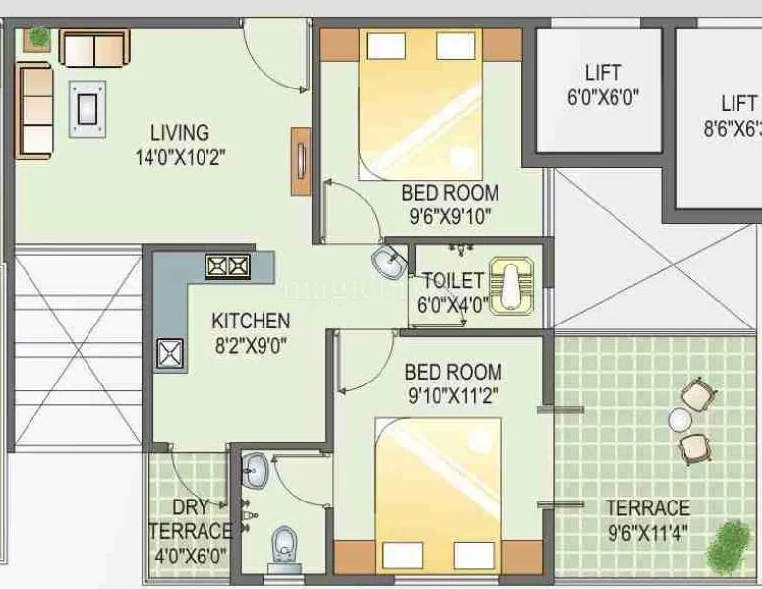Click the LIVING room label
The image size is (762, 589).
click(x=179, y=132)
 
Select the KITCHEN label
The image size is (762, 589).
click(x=251, y=321)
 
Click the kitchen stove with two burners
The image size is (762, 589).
click(x=227, y=265)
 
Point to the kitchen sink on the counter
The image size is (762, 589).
click(x=171, y=353)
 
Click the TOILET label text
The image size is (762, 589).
click(x=452, y=281)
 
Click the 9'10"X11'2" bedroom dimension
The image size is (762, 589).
click(x=453, y=395)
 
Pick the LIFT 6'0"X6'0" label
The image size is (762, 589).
click(x=602, y=74)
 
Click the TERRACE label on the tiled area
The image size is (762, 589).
click(x=647, y=508)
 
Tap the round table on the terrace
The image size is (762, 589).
click(x=678, y=420)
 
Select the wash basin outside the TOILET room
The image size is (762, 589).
click(x=387, y=263)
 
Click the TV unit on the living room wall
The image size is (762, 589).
click(x=299, y=154)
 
